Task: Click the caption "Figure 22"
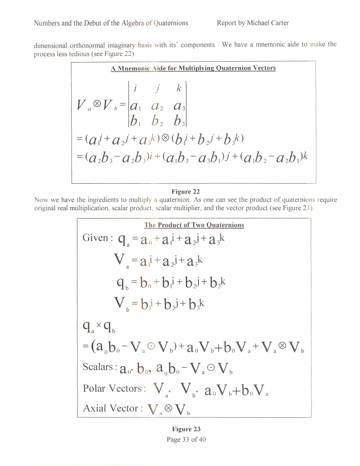186,191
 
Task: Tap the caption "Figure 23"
186,429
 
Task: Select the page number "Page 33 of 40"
186,439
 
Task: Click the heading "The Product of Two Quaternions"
194,225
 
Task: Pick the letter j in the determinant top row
157,89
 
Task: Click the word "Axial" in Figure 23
94,408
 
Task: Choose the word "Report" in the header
227,23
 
